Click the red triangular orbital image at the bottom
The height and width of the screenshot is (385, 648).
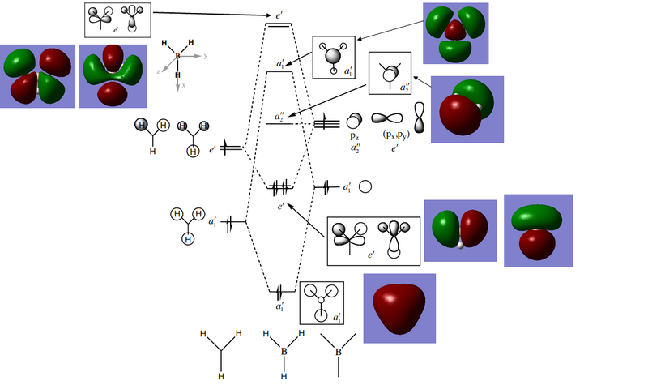(399, 307)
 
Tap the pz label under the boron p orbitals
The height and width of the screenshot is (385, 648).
(354, 139)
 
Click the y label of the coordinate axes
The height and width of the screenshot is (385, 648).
(207, 57)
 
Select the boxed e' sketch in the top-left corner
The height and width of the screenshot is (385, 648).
(118, 19)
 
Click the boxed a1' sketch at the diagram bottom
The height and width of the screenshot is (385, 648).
(322, 303)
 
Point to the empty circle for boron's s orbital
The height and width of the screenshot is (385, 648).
(365, 186)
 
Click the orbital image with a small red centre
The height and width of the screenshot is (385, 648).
(455, 33)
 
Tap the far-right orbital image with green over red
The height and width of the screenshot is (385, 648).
(538, 230)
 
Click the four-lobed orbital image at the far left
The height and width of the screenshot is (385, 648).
(38, 75)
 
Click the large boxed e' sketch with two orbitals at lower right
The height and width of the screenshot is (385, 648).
(373, 240)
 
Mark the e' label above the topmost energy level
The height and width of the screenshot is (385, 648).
(279, 15)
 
